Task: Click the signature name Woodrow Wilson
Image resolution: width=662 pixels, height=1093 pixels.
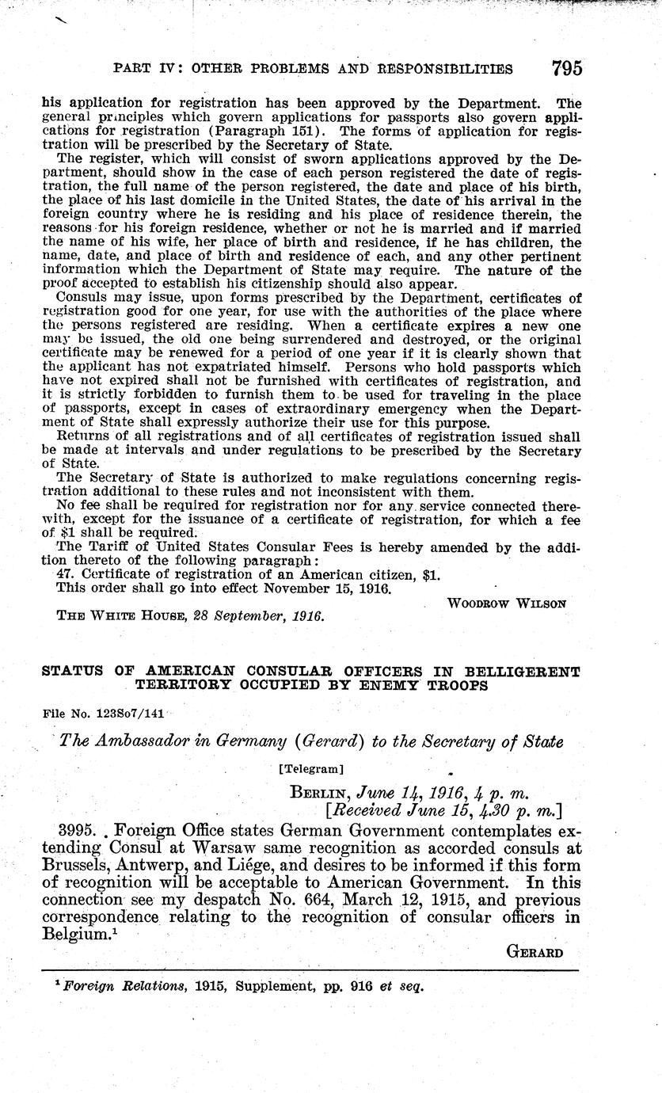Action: point(507,603)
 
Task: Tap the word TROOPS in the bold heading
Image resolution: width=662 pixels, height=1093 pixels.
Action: point(451,686)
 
